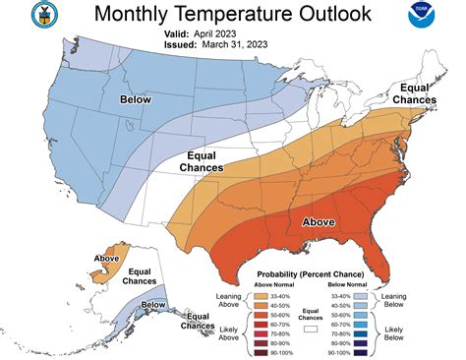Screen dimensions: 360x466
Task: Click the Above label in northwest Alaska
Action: pyautogui.click(x=106, y=259)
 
